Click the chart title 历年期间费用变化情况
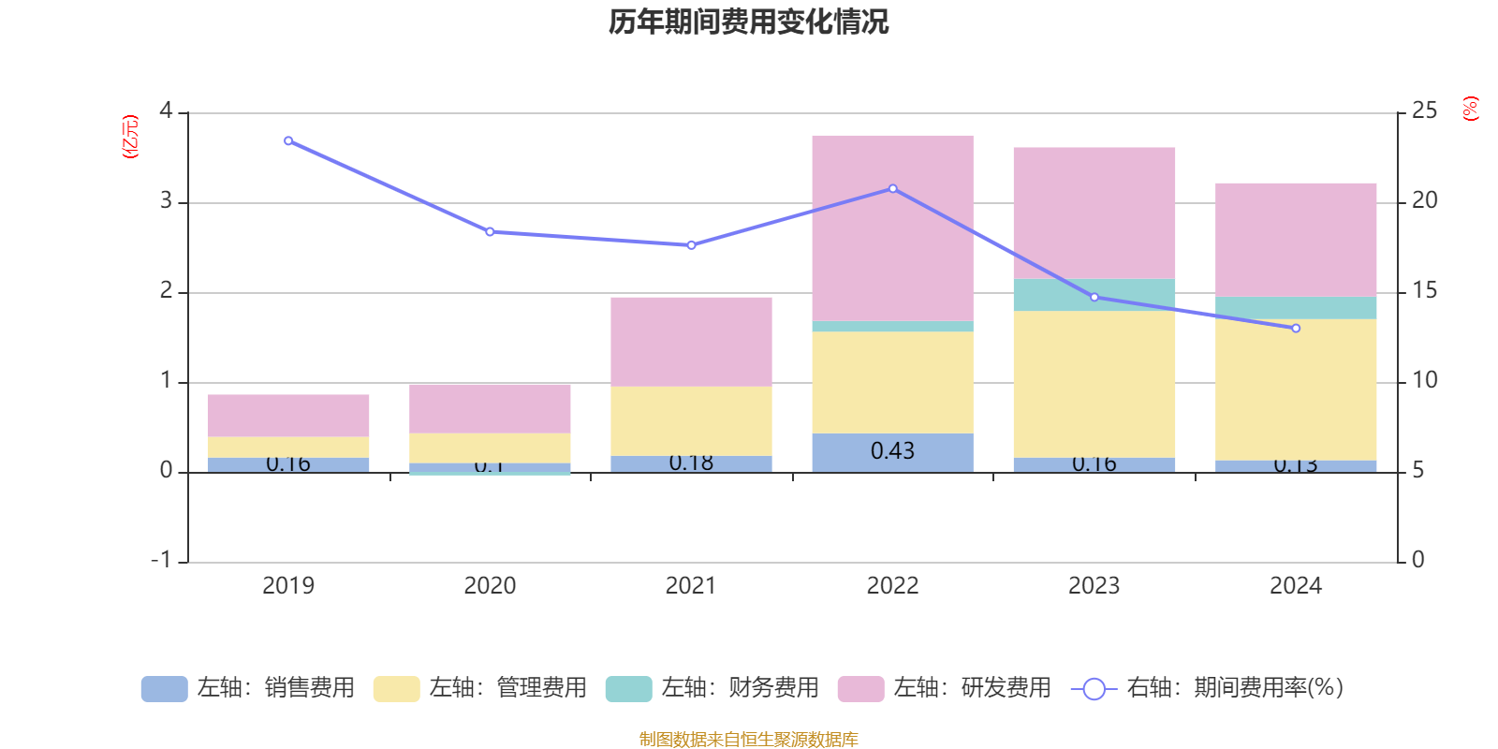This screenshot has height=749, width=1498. [x=748, y=22]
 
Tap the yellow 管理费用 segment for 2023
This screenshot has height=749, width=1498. [x=1094, y=384]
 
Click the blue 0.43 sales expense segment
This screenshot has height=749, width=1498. [x=892, y=451]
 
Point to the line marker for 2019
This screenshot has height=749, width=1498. [x=288, y=141]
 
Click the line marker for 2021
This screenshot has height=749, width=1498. [x=691, y=245]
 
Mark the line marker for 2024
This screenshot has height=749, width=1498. [x=1296, y=329]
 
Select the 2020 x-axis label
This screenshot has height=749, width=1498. [x=490, y=586]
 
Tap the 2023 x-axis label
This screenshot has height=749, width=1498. [x=1094, y=586]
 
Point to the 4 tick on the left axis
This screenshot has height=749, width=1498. [x=166, y=111]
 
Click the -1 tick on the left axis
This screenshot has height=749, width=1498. [x=162, y=560]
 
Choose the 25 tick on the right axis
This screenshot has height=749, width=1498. [x=1424, y=111]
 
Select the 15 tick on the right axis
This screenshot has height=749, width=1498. [x=1424, y=291]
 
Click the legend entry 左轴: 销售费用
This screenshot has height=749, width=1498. [x=248, y=688]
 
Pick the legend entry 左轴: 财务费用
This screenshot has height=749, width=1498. [x=712, y=688]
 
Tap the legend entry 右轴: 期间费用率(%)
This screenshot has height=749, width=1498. [x=1207, y=688]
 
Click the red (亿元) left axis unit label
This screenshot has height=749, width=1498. [x=130, y=137]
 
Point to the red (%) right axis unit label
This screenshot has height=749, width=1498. [x=1470, y=109]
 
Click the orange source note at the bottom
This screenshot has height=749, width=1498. [x=748, y=740]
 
